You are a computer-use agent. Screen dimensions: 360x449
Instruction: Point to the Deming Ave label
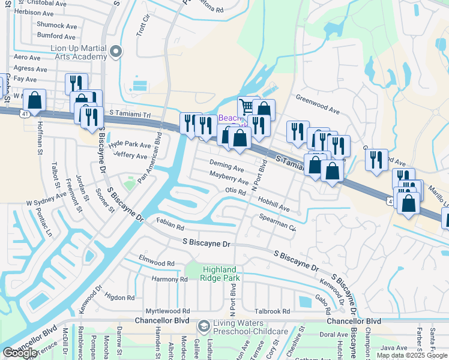pyautogui.click(x=226, y=166)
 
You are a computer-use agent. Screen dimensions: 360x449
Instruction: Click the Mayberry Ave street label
pyautogui.click(x=229, y=177)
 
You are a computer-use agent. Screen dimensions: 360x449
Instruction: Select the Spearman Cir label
pyautogui.click(x=278, y=223)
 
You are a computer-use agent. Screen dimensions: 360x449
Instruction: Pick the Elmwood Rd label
pyautogui.click(x=156, y=263)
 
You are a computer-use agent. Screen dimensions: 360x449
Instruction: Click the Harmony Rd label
pyautogui.click(x=169, y=279)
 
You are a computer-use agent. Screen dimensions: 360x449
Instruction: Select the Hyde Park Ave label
pyautogui.click(x=130, y=145)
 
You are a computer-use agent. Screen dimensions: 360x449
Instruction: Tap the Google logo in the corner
pyautogui.click(x=20, y=353)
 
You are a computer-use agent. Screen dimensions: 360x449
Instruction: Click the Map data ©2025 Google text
pyautogui.click(x=412, y=355)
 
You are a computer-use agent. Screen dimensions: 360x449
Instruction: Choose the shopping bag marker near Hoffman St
pyautogui.click(x=35, y=100)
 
